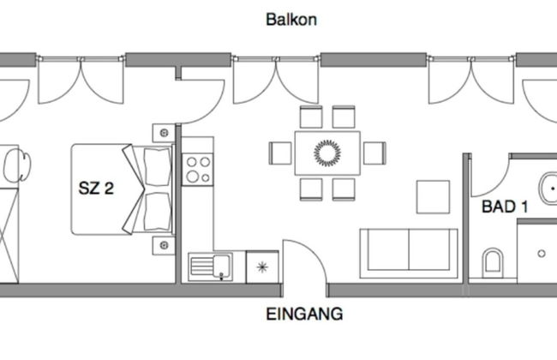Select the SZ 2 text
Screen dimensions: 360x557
pos(96,189)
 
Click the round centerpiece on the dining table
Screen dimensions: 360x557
pos(327,153)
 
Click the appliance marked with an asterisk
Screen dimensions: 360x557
pos(262,266)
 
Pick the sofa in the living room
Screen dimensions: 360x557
pos(409,253)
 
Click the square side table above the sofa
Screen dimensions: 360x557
pos(434,197)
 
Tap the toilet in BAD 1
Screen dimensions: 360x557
pos(493,261)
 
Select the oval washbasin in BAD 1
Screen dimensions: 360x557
pos(548,186)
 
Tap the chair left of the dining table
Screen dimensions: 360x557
pos(281,153)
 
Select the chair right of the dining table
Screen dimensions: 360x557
pos(374,153)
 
